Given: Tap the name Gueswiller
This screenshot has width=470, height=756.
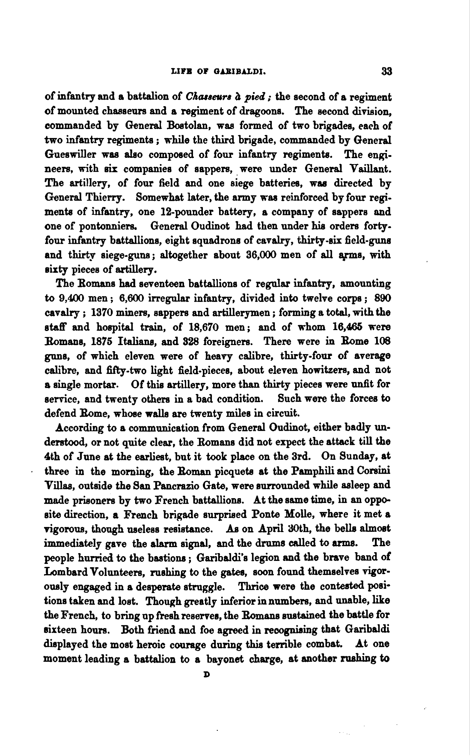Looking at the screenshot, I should (71, 155).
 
